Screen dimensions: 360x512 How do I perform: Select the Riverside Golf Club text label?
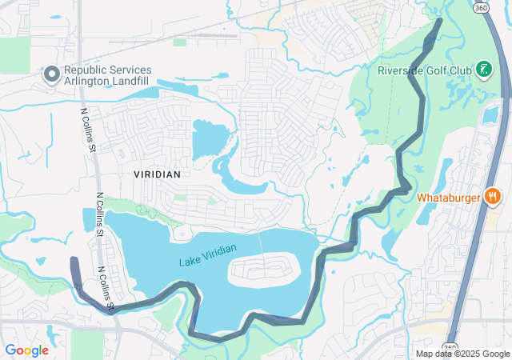pos(424,70)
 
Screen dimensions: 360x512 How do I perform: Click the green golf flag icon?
pos(483,70)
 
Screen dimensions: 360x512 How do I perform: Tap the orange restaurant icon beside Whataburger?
pos(493,196)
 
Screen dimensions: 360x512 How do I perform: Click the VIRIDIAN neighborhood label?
pos(157,174)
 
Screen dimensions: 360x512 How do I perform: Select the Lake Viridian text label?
pos(208,255)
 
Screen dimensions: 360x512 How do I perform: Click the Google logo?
pos(26,350)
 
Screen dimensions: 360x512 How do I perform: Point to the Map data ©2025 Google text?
pos(462,354)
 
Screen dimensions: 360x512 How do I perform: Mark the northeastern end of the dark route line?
pos(438,22)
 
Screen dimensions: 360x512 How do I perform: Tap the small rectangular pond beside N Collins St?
pos(87,219)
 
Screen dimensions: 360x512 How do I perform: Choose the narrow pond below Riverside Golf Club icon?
pos(490,115)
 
